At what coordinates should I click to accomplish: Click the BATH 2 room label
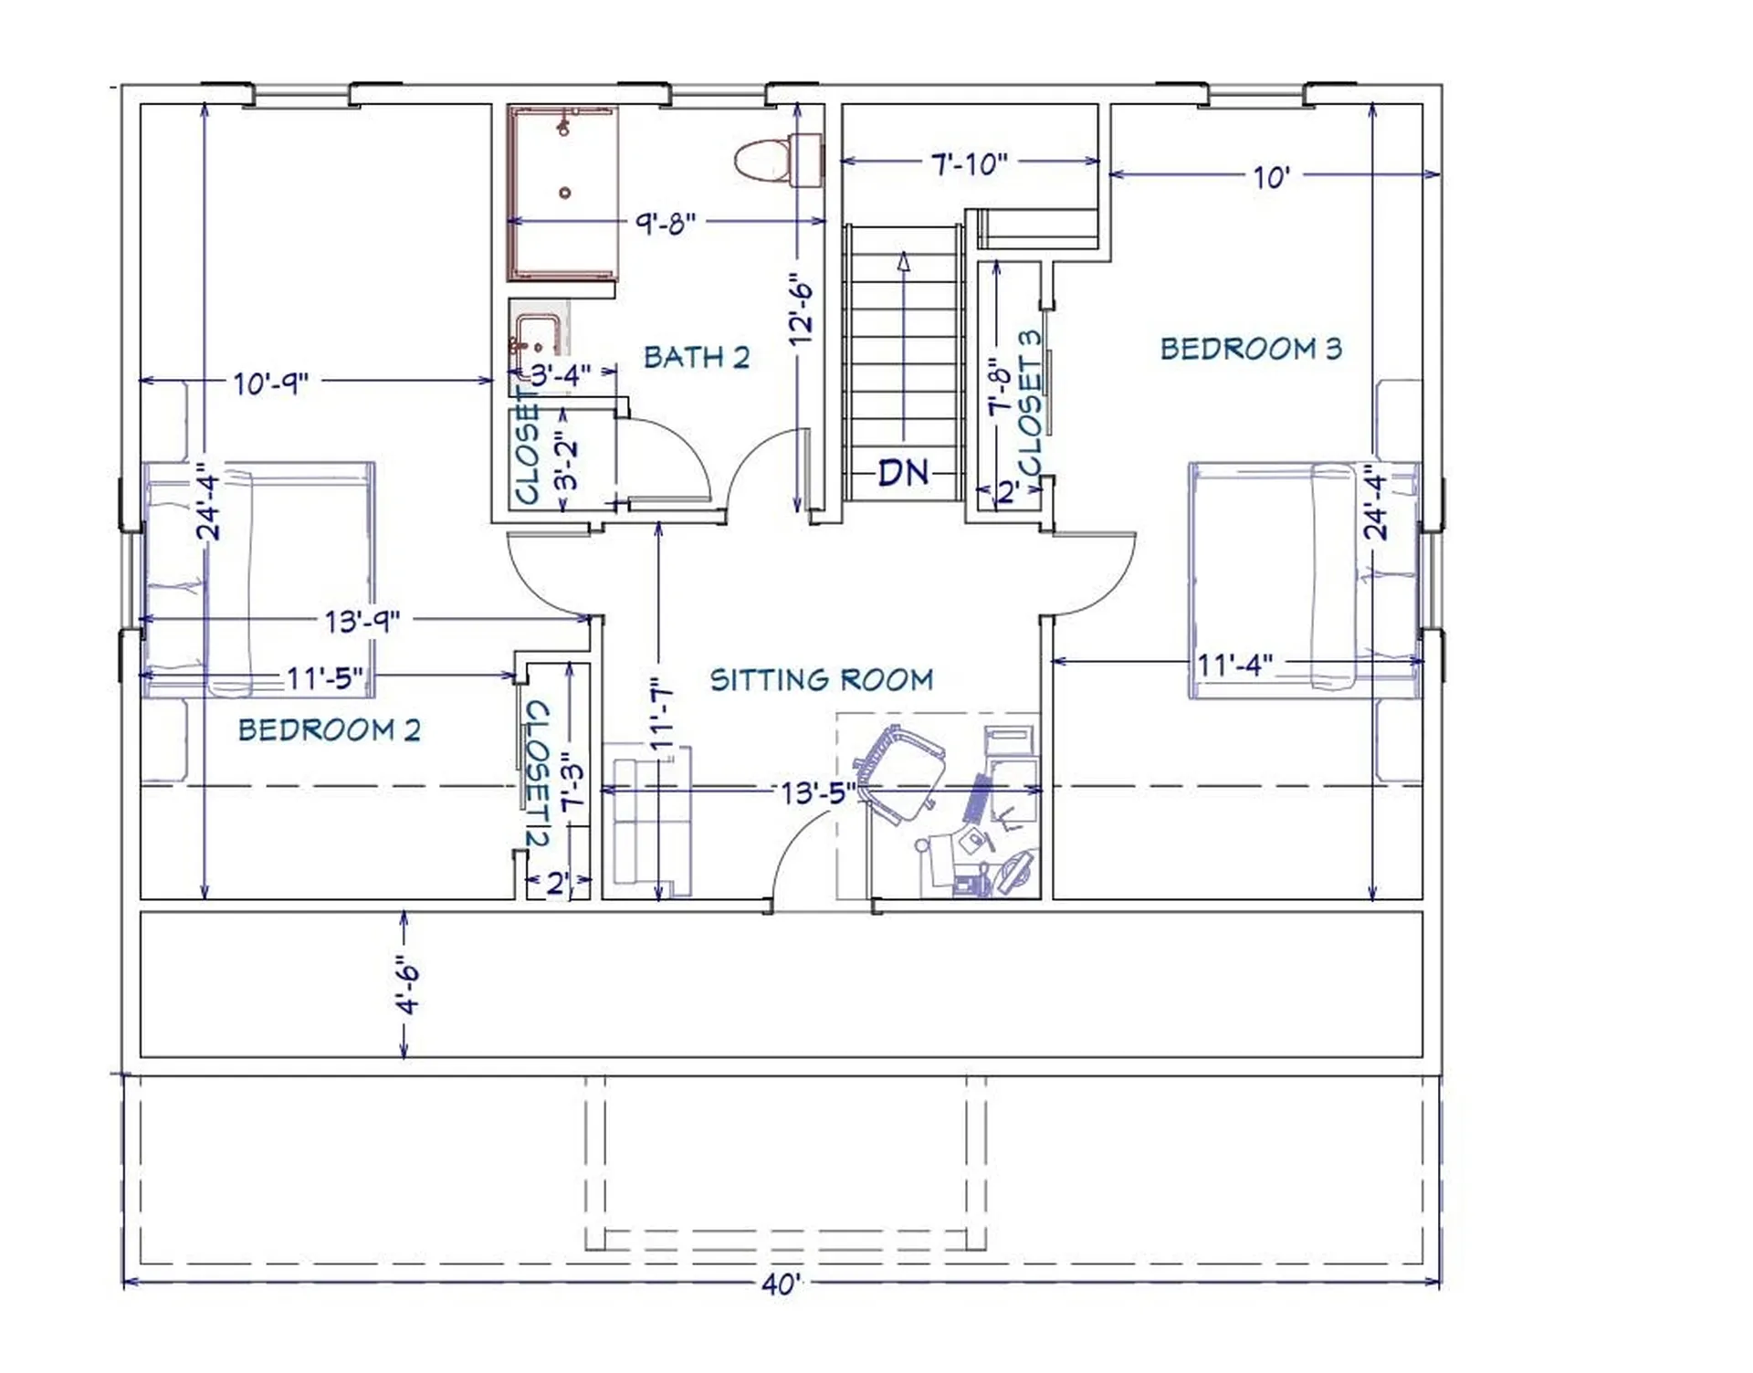[x=697, y=357]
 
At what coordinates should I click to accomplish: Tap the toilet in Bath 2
[x=779, y=161]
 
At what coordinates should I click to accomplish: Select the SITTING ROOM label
[x=822, y=679]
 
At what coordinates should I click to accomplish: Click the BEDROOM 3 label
[x=1251, y=348]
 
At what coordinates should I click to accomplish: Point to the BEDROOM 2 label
[x=330, y=729]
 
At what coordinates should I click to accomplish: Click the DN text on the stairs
[x=903, y=473]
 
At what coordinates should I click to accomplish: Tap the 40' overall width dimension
[x=781, y=1284]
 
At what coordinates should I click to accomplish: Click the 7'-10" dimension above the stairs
[x=969, y=164]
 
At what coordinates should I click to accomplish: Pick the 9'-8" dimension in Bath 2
[x=666, y=223]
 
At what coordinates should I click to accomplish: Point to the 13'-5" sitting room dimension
[x=818, y=792]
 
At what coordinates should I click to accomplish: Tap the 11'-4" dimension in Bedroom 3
[x=1234, y=664]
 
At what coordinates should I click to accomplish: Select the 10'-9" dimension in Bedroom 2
[x=271, y=383]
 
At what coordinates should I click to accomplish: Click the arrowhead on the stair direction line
[x=904, y=262]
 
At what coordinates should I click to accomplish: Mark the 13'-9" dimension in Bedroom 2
[x=362, y=622]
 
